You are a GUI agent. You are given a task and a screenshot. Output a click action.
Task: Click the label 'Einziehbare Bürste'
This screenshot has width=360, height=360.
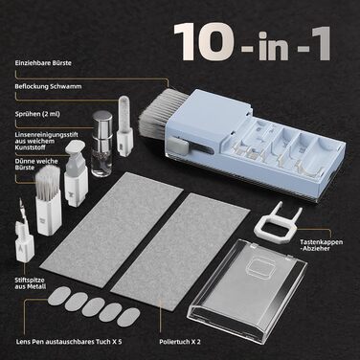point(43,63)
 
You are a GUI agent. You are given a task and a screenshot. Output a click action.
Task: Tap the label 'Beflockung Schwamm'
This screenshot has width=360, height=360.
point(48,86)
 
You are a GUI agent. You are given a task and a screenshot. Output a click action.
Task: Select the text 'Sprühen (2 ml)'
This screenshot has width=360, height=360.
point(37,114)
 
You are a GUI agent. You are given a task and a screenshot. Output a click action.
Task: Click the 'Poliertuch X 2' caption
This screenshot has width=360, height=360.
point(180,342)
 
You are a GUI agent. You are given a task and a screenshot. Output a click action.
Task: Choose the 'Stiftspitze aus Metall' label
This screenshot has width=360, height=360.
point(31,283)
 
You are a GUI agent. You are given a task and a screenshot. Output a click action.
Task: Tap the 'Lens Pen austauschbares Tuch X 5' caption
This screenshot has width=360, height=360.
point(69,342)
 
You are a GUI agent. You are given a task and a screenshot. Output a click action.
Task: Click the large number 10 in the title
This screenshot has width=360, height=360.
point(204,42)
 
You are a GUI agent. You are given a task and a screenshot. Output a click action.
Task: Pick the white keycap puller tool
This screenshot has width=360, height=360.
point(278,218)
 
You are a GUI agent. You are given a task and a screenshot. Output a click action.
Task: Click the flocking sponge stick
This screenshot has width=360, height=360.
point(124,126)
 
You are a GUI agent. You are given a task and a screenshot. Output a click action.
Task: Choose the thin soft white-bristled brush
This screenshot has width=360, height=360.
point(48,200)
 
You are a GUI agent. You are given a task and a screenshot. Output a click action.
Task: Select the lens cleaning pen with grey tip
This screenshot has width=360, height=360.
point(75,173)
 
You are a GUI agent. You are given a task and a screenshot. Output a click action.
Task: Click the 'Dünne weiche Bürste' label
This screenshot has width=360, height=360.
point(36,165)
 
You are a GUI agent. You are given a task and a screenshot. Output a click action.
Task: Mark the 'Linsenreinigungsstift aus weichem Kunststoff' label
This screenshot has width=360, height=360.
point(47,141)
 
